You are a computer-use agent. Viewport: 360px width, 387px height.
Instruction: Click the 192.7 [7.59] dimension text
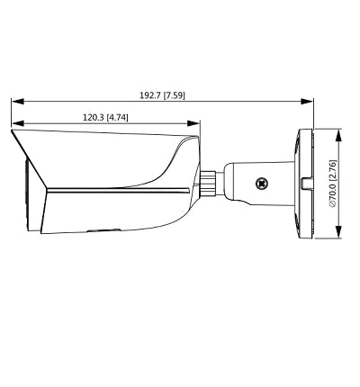[x=163, y=94]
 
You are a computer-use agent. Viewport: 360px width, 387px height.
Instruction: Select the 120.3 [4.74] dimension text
[x=106, y=117]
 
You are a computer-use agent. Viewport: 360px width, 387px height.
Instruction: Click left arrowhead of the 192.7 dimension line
[x=15, y=102]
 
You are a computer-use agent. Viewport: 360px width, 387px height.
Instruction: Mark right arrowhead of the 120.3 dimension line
[x=197, y=124]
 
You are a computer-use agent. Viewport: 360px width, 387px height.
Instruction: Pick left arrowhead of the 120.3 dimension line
[x=15, y=124]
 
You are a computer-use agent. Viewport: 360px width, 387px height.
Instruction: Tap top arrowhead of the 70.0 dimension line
[x=339, y=133]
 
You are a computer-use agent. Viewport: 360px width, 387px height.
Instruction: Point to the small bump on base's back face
[x=310, y=184]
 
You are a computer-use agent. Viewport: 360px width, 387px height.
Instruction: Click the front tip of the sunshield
[x=13, y=132]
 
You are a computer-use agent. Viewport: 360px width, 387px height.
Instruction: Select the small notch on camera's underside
[x=95, y=231]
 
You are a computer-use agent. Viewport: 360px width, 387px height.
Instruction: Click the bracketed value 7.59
[x=175, y=94]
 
